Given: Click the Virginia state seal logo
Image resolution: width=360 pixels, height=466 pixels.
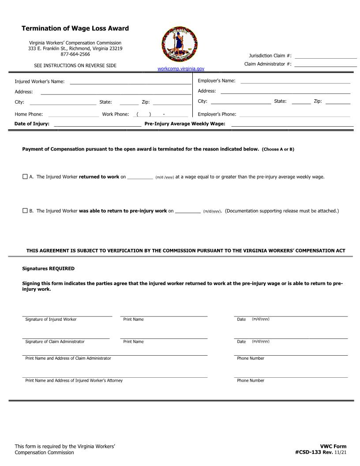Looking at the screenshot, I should tap(180, 44).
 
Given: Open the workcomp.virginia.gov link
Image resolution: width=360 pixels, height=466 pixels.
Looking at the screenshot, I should tap(181, 69).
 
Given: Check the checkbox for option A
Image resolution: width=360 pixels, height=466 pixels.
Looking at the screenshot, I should tap(25, 177).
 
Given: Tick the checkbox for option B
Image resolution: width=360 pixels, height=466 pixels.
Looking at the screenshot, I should tap(25, 210).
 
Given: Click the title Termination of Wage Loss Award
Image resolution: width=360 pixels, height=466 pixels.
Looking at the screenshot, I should tap(75, 28).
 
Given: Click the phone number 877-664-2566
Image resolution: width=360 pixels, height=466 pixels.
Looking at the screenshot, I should tap(75, 54).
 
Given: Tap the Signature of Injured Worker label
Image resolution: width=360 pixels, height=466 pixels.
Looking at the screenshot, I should tap(51, 319).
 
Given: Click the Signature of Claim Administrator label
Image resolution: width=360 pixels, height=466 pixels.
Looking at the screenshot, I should tap(55, 342).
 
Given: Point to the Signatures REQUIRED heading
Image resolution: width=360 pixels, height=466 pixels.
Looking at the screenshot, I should tap(49, 268).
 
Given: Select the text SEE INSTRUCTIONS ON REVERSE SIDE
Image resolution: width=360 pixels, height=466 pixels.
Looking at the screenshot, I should tap(75, 65).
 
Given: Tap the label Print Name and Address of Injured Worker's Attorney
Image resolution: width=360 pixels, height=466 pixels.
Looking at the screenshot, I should tap(74, 380).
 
